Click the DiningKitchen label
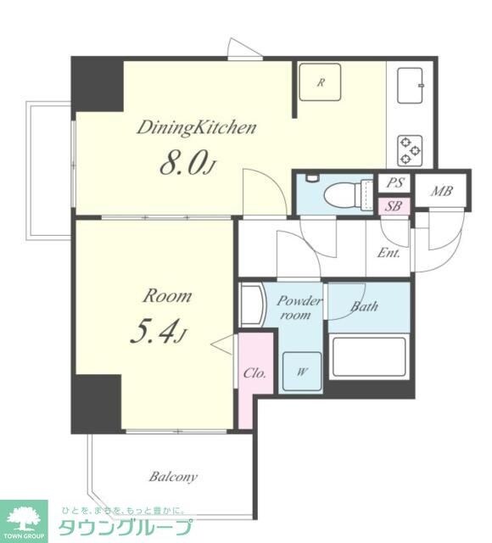coord(197,127)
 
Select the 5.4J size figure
coord(159,332)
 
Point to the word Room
coord(167,296)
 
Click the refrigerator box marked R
coord(321,82)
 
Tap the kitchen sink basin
coord(411,85)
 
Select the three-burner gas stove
coord(411,150)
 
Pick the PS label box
coord(394,182)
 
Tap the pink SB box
coord(394,206)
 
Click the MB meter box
coord(441,190)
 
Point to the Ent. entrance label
coord(389,253)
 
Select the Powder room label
coord(299,307)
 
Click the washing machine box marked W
coord(302,372)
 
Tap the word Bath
coord(364,306)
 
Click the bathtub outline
coord(369,356)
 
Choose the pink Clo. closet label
coord(254,373)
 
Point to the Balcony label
coord(173,478)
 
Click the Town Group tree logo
coord(23,521)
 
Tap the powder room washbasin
coord(251,305)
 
